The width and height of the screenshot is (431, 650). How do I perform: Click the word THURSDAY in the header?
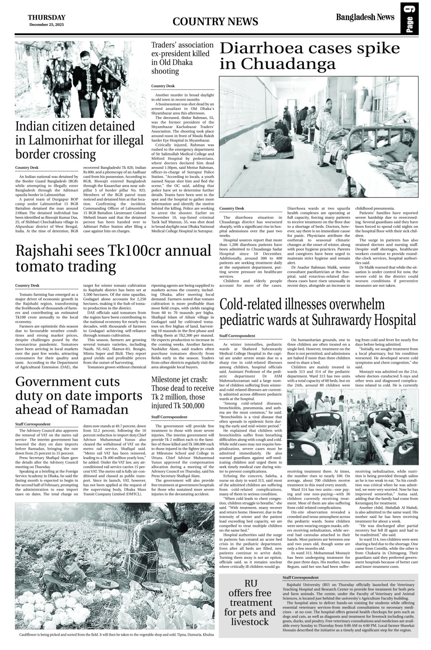pyautogui.click(x=47, y=18)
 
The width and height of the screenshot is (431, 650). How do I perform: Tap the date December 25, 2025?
pyautogui.click(x=47, y=24)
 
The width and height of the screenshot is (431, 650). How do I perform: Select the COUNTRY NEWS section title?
pyautogui.click(x=215, y=22)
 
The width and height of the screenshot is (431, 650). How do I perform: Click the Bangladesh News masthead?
pyautogui.click(x=365, y=18)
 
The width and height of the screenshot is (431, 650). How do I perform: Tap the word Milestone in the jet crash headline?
pyautogui.click(x=166, y=379)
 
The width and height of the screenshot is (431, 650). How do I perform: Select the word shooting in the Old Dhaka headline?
pyautogui.click(x=165, y=71)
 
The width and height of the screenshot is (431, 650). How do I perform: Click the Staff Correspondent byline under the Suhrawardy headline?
pyautogui.click(x=237, y=336)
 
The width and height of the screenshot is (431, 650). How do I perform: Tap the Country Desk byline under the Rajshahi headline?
pyautogui.click(x=27, y=285)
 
